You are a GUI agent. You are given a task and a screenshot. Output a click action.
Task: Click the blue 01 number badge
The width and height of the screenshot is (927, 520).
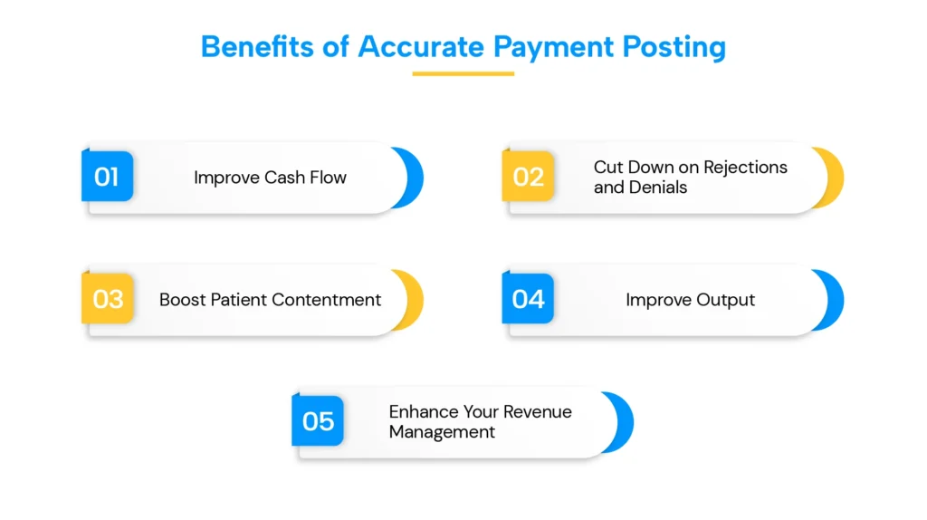pyautogui.click(x=108, y=176)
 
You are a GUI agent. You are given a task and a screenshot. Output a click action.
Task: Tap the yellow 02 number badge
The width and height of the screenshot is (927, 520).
pyautogui.click(x=528, y=176)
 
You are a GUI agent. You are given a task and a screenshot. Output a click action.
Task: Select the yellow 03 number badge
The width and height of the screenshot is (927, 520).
pyautogui.click(x=108, y=298)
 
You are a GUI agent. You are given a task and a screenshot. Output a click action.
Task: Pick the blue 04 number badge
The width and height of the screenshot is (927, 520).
pyautogui.click(x=528, y=298)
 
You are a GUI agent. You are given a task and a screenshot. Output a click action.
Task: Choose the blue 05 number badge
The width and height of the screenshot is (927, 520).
pyautogui.click(x=318, y=420)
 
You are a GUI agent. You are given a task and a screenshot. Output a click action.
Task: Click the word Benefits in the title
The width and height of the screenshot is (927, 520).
pyautogui.click(x=257, y=47)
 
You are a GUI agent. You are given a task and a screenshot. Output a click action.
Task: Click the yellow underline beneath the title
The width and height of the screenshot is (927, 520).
pyautogui.click(x=463, y=74)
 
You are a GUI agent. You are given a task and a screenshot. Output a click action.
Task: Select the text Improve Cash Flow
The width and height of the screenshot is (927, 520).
pyautogui.click(x=270, y=178)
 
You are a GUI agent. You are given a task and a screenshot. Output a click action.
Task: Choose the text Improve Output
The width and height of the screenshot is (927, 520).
pyautogui.click(x=690, y=300)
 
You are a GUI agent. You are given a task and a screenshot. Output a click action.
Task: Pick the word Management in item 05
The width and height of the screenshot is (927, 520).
pyautogui.click(x=442, y=432)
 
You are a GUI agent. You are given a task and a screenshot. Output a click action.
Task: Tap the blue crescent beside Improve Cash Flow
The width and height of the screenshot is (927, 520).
pyautogui.click(x=415, y=178)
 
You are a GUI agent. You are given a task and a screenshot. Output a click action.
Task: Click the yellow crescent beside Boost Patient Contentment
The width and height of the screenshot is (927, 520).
pyautogui.click(x=415, y=300)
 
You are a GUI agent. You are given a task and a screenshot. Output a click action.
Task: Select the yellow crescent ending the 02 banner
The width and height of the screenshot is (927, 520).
pyautogui.click(x=835, y=178)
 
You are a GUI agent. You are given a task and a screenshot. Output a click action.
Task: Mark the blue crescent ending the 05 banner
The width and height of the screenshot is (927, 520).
pyautogui.click(x=625, y=422)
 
